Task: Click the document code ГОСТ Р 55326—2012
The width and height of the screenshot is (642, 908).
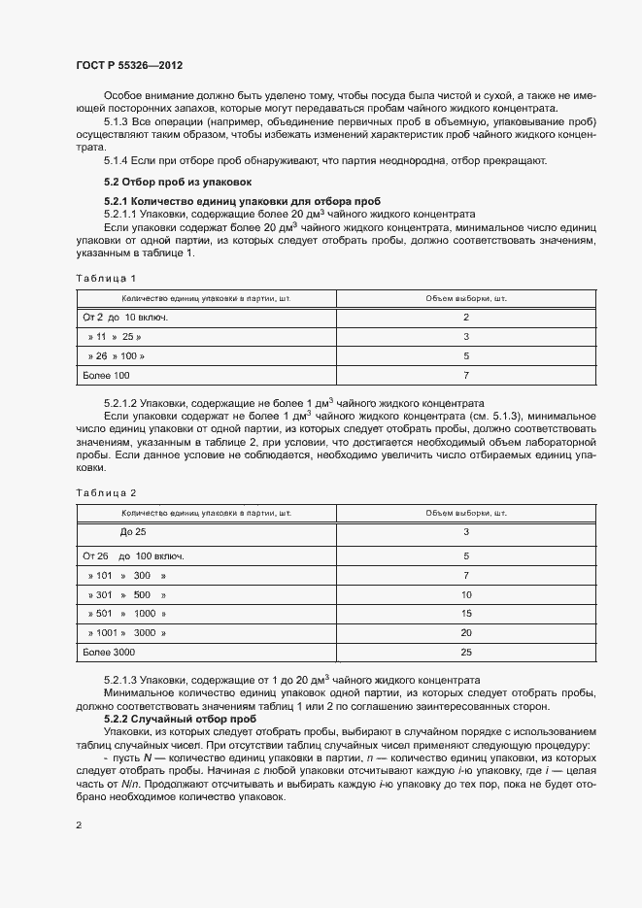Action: (128, 65)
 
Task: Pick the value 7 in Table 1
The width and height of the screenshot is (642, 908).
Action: (466, 375)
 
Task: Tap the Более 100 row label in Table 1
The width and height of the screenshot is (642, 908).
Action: (106, 375)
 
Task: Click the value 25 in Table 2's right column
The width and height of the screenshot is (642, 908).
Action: (466, 652)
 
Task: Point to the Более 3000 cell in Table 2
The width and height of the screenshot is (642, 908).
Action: (110, 652)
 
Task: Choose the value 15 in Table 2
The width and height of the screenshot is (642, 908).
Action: (466, 614)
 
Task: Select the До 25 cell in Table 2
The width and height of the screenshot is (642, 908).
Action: (132, 532)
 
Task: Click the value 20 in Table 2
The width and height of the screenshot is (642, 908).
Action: (466, 633)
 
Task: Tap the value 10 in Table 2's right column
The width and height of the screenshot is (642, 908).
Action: (466, 594)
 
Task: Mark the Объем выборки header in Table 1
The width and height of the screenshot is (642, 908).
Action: (466, 298)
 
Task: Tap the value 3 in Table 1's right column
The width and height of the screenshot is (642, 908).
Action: (466, 337)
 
